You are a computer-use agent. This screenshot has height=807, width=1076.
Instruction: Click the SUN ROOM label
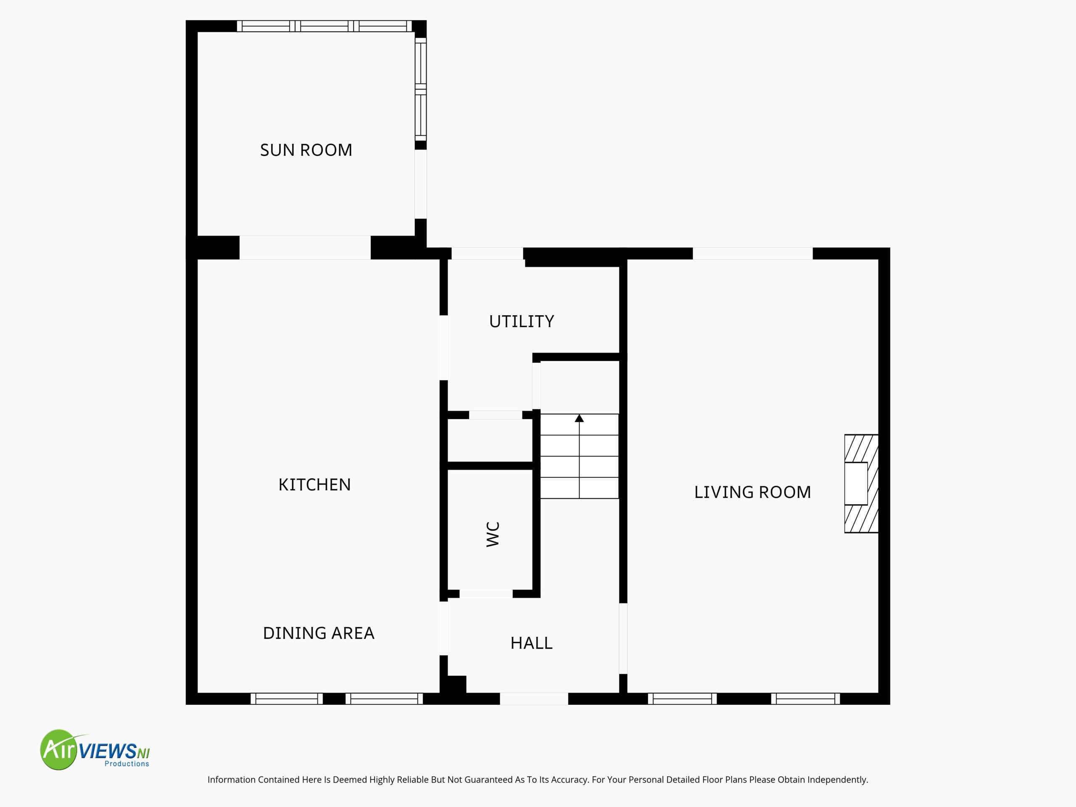pos(306,150)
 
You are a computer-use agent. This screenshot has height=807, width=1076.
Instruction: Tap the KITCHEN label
pos(314,485)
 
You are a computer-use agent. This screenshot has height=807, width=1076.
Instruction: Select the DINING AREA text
pos(319,633)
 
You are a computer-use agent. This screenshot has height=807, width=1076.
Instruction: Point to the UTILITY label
pos(522,322)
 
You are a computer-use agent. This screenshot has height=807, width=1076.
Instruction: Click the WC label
pos(493,534)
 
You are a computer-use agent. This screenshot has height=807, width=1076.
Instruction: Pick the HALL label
pos(531,643)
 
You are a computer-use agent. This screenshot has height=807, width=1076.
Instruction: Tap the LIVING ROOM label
pos(752,492)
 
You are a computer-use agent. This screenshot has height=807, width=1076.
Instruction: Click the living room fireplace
pos(861,483)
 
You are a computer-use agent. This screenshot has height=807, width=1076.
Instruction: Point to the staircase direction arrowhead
pos(579,418)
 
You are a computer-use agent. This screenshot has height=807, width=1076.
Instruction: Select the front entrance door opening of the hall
pos(534,699)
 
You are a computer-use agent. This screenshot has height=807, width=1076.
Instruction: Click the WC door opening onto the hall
pos(486,593)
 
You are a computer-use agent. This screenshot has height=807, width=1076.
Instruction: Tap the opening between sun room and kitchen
pos(305,248)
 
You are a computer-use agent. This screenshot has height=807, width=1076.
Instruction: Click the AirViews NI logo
pos(95,749)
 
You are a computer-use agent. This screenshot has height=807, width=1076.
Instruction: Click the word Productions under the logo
pos(127,764)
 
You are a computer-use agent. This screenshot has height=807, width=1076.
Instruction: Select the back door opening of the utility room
pos(488,253)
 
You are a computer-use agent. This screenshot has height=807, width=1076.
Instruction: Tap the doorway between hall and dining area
pos(443,628)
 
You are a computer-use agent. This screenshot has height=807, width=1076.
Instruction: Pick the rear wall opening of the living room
pos(752,253)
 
